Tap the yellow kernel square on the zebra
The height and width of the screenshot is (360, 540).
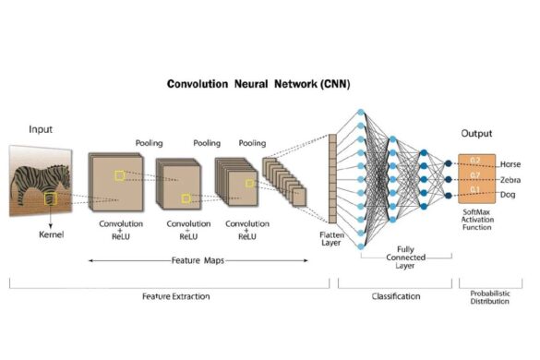(x=49, y=198)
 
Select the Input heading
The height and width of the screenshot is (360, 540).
(x=42, y=129)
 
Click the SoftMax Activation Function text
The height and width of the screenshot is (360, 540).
(x=477, y=222)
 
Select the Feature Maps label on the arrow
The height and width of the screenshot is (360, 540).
(x=199, y=261)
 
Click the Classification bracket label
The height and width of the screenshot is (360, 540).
(x=394, y=296)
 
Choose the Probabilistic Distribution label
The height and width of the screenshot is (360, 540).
(x=484, y=299)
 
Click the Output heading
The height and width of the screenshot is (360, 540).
(x=475, y=132)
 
